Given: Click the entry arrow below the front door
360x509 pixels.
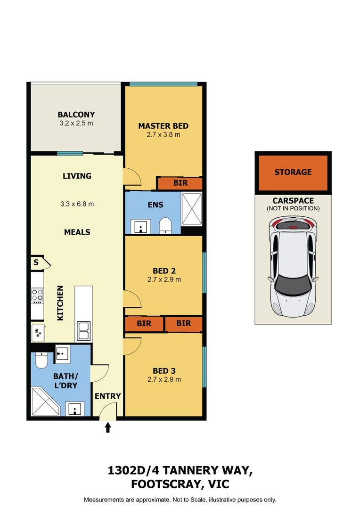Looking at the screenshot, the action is [108, 427].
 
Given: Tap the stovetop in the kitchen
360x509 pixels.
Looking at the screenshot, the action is [37, 296].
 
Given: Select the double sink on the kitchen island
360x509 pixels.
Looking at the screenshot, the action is [84, 331].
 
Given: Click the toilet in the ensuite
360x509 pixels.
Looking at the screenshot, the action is [165, 225].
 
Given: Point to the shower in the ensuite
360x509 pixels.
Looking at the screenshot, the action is [191, 209].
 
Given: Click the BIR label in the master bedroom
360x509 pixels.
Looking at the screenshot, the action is [180, 183].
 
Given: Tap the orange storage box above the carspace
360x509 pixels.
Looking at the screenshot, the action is [293, 172].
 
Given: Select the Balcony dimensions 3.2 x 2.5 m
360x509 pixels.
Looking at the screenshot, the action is [76, 123].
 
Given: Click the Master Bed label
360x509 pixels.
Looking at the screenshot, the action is [164, 126].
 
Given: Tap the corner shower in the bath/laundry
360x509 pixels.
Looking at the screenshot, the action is [45, 401].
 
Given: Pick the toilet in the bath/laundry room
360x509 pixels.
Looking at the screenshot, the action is [41, 361].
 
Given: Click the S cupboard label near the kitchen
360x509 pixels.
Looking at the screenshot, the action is [36, 263].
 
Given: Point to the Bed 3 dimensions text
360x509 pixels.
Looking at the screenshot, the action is [164, 379].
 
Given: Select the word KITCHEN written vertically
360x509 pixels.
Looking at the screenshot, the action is [60, 303].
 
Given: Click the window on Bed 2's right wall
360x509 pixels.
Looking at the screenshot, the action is [205, 273].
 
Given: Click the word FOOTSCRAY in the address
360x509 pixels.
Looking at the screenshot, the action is [167, 484].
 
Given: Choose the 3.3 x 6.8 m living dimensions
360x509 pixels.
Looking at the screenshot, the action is [77, 204].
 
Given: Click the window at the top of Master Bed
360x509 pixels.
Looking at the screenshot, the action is [164, 84].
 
